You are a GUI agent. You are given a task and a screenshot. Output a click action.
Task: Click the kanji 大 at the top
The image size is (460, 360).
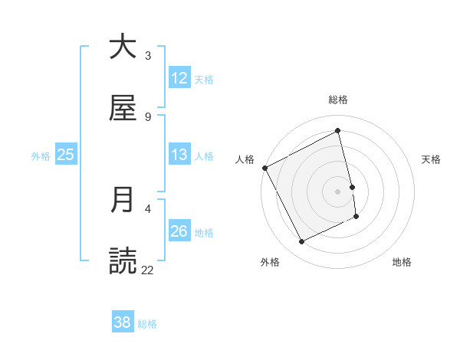(x=123, y=47)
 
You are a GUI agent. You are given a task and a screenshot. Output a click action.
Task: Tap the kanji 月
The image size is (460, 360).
(x=123, y=200)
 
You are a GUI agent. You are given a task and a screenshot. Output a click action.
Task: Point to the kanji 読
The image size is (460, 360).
(x=123, y=261)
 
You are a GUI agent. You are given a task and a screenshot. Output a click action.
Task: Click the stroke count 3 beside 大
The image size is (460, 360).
(x=147, y=55)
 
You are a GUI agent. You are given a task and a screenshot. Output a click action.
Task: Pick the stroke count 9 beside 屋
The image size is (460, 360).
(x=147, y=116)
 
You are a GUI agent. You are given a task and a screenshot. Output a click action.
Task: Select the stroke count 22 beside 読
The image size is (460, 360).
(x=147, y=270)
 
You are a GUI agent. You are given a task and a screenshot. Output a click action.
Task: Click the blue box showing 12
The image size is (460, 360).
(x=179, y=78)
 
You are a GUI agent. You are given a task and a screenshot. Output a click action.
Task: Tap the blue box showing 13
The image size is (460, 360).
(x=179, y=155)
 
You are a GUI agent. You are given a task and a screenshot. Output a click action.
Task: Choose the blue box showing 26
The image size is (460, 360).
(x=179, y=231)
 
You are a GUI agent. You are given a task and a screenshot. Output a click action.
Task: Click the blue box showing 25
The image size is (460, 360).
(x=65, y=155)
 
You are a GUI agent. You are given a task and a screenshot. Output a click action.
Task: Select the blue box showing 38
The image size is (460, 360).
(x=123, y=322)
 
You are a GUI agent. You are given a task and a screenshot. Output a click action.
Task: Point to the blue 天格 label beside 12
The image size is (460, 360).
(x=204, y=79)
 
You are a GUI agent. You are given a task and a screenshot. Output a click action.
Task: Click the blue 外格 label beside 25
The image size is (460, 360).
(x=41, y=155)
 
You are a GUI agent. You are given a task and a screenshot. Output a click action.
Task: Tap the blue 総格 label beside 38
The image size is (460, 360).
(x=147, y=324)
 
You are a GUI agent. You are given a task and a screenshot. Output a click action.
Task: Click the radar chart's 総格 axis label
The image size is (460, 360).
(x=338, y=100)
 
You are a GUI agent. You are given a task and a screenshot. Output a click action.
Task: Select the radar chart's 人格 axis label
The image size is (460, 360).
(x=245, y=159)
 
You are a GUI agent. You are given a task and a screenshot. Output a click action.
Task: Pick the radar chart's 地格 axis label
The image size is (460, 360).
(x=402, y=262)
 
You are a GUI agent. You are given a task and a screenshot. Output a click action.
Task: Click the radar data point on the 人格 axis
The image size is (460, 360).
(x=264, y=168)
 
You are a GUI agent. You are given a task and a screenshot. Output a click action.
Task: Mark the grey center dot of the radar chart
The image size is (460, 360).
(x=338, y=191)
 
